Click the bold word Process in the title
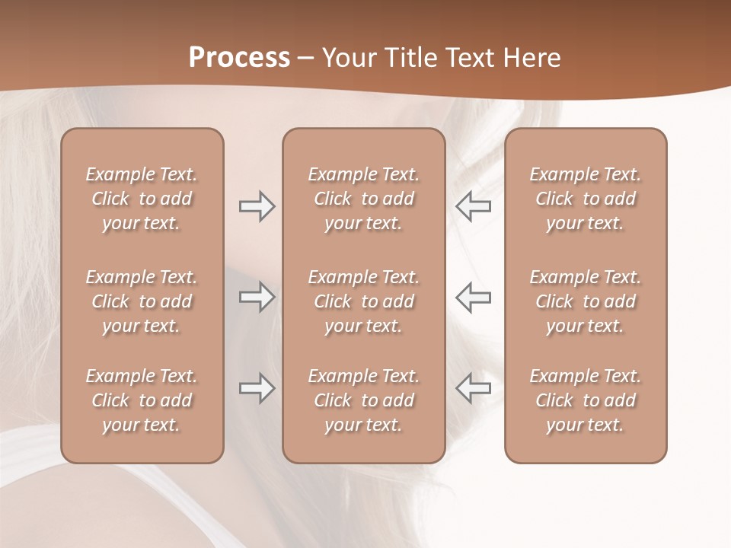[239, 58]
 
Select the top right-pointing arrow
[257, 206]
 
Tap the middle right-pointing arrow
[257, 297]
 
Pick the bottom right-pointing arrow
[257, 388]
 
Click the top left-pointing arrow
[474, 206]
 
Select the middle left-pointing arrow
[474, 297]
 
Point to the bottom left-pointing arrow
[474, 388]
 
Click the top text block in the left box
[142, 199]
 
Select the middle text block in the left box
[142, 301]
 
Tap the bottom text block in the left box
[142, 400]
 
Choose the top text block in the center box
[363, 199]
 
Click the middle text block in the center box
[363, 301]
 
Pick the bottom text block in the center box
[363, 400]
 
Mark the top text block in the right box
[586, 199]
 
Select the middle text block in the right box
[586, 301]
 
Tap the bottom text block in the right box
[586, 400]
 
